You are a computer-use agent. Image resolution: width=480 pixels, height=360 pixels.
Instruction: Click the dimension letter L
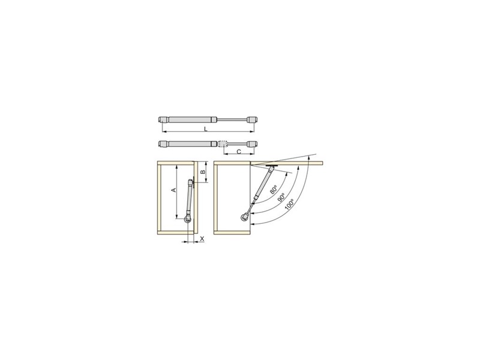pos(205,130)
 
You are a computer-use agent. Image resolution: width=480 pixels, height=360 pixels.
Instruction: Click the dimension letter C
pos(238,152)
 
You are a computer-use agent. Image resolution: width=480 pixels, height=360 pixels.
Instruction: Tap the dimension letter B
pos(202,172)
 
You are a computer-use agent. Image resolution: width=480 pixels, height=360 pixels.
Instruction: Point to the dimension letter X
pos(202,238)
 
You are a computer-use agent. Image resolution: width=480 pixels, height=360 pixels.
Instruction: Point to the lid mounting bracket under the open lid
pos(272,166)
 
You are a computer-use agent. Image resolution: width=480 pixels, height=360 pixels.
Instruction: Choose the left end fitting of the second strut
pos(162,144)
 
